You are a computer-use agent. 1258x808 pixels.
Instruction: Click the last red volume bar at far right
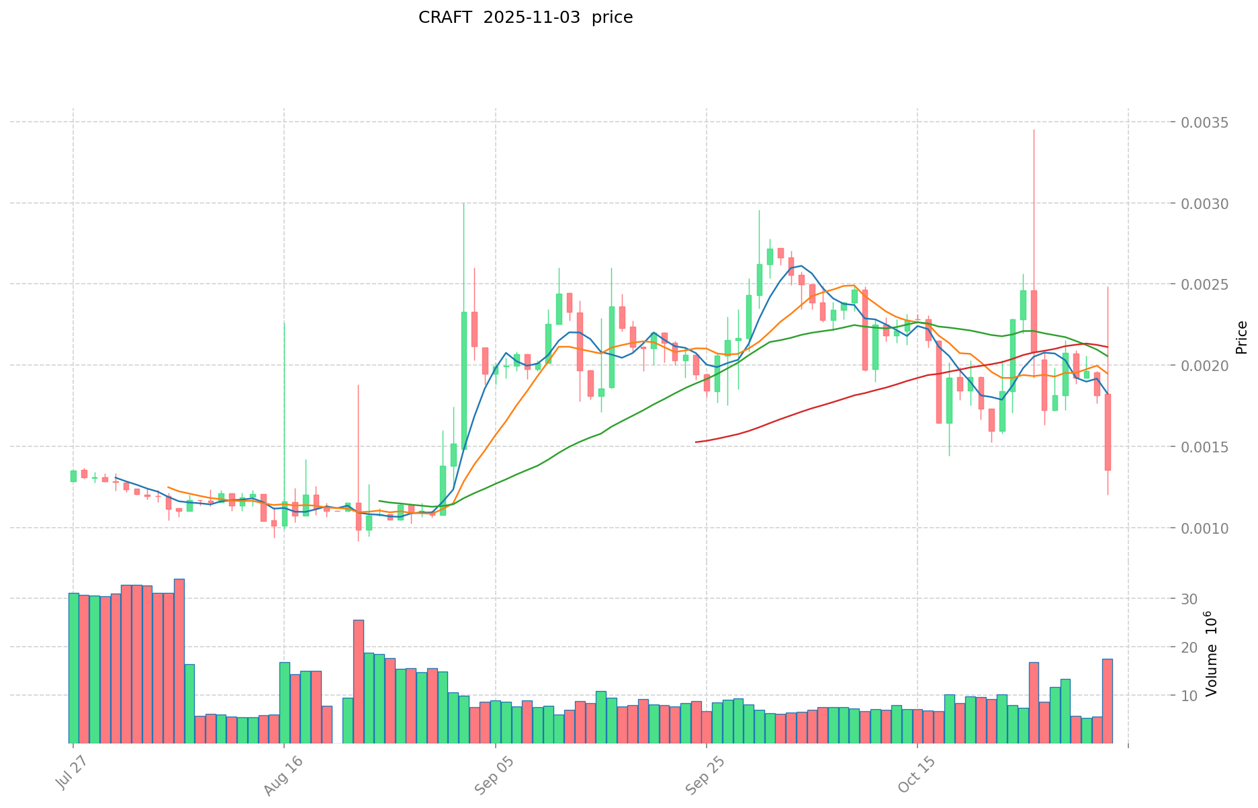click(1107, 701)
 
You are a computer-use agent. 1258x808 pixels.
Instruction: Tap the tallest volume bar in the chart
click(179, 661)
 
